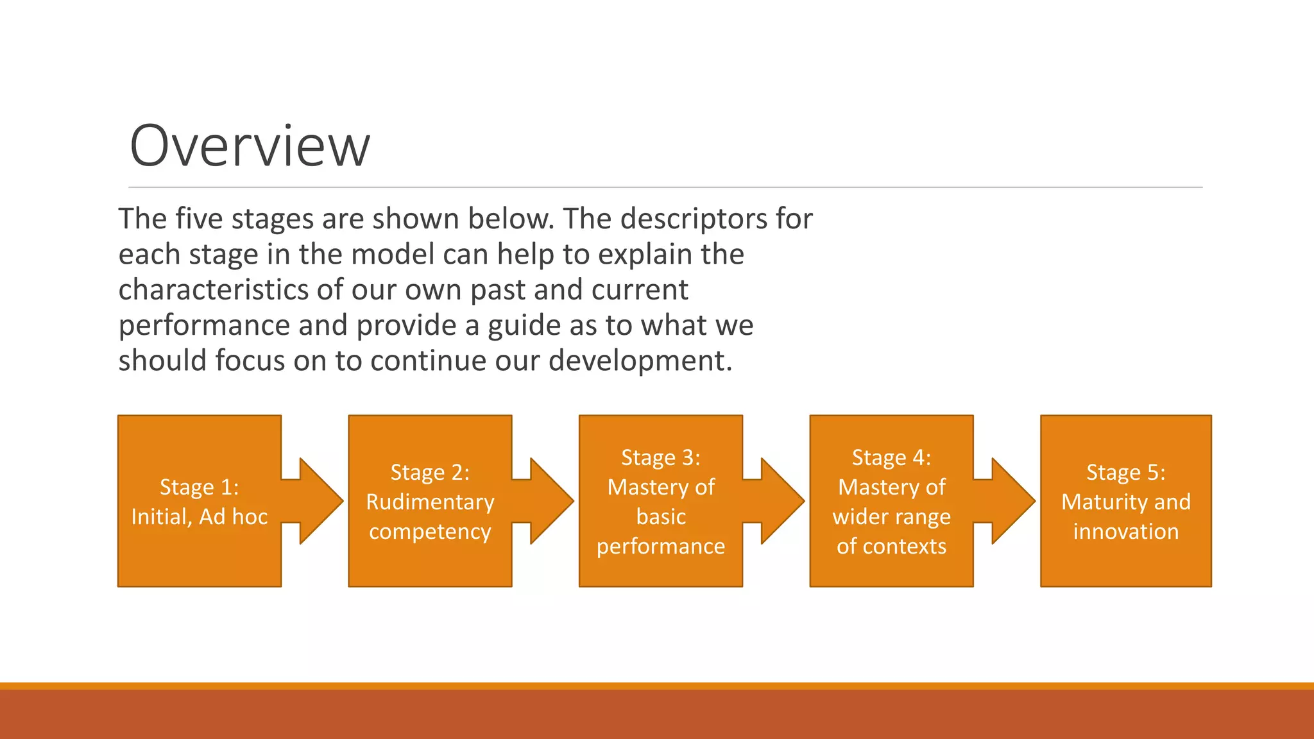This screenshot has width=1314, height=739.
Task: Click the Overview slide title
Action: tap(250, 146)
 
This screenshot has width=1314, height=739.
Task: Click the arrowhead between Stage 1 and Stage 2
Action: tap(321, 501)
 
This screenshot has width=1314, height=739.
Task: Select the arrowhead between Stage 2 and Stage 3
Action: tap(552, 501)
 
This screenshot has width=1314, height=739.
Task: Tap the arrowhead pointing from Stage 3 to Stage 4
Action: tap(783, 501)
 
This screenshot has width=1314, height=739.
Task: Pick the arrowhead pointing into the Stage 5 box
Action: tap(1013, 501)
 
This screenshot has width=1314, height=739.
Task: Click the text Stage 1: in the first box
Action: tap(199, 488)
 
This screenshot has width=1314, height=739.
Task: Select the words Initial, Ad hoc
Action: tap(199, 517)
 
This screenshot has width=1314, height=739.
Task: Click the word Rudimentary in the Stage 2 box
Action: tap(430, 502)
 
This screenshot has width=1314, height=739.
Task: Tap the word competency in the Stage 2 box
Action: tap(430, 532)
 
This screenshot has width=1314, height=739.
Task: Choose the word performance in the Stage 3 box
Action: tap(660, 547)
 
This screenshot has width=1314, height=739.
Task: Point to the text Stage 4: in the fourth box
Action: tap(891, 458)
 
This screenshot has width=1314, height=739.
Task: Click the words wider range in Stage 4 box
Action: tap(891, 517)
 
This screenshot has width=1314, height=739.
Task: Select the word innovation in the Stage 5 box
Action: tap(1125, 532)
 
